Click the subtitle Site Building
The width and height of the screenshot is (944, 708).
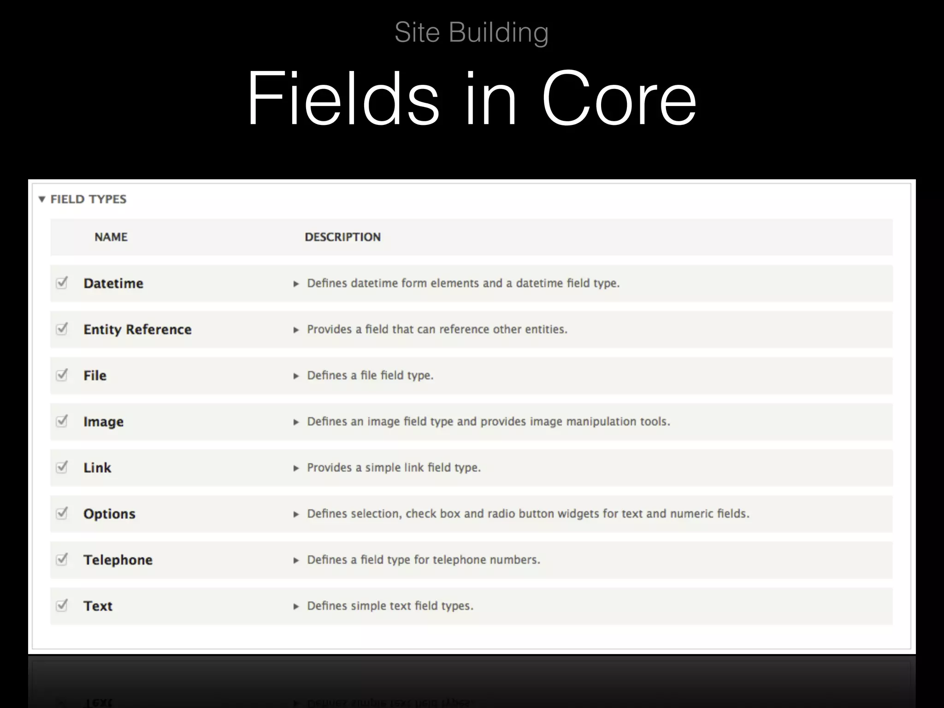[472, 32]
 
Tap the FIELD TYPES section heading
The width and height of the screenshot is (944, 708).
[88, 199]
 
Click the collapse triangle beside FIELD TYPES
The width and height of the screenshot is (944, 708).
[42, 199]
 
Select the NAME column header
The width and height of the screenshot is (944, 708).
[111, 237]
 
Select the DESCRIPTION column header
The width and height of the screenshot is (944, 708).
[342, 237]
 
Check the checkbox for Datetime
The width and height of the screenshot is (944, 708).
[62, 283]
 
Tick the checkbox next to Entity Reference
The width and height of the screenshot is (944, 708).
[62, 329]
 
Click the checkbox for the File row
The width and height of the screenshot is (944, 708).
[62, 375]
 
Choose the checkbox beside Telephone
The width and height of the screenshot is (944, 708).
[62, 559]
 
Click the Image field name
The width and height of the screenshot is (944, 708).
[103, 422]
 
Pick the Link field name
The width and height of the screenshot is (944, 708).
[97, 468]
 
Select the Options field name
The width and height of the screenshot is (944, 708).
[109, 514]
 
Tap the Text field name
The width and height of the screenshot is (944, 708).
[98, 606]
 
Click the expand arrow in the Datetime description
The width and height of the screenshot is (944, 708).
[296, 284]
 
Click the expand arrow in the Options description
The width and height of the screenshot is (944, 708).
[296, 514]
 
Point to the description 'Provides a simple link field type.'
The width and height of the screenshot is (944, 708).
[394, 468]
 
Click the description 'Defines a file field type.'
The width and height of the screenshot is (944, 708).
[370, 376]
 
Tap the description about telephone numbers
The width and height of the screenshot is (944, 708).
[423, 560]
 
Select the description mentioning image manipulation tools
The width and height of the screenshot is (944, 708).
[488, 422]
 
